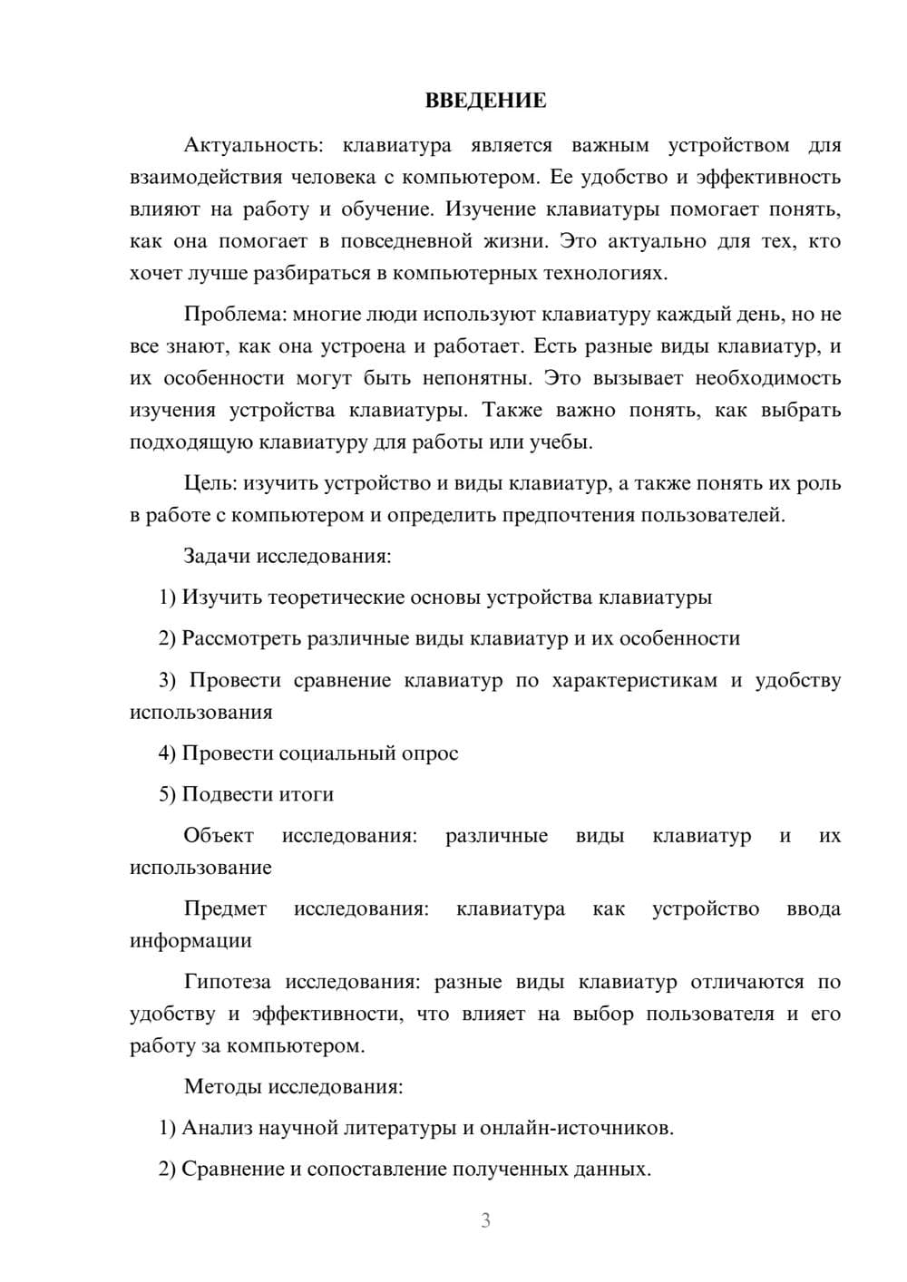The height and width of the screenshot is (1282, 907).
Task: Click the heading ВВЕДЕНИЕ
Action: coord(485,101)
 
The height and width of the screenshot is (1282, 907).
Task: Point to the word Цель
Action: coord(211,483)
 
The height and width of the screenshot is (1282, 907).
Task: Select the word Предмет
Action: coord(225,908)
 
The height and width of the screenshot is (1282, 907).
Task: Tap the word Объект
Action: coord(219,835)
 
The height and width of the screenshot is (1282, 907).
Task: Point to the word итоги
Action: coord(309,794)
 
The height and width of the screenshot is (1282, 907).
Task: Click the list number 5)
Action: coord(168,794)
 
